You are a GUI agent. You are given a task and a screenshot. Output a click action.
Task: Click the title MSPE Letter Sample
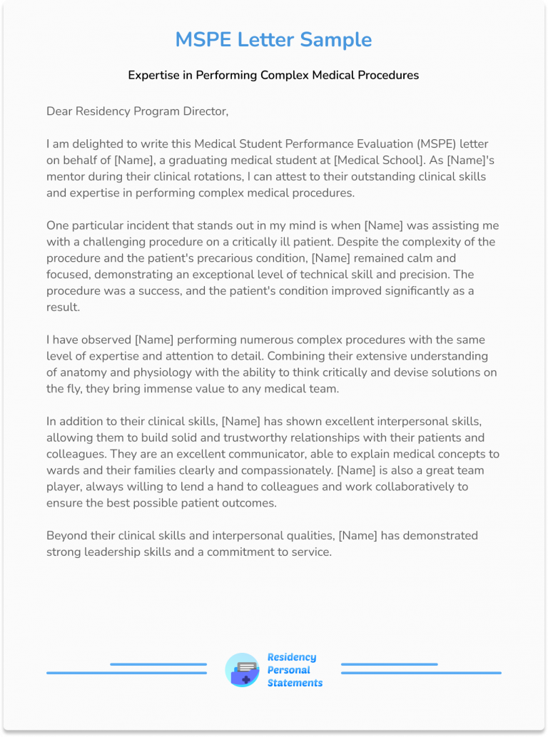point(273,39)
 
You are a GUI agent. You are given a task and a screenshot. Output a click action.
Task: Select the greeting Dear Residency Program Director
point(137,111)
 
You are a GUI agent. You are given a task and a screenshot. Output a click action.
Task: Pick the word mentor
point(67,177)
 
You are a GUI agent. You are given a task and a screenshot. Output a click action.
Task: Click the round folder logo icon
point(243,670)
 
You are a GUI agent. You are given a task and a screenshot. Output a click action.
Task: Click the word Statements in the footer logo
point(295,683)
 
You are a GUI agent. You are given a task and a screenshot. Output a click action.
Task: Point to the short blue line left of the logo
point(158,664)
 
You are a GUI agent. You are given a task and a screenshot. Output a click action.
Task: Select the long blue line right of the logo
point(421,673)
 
